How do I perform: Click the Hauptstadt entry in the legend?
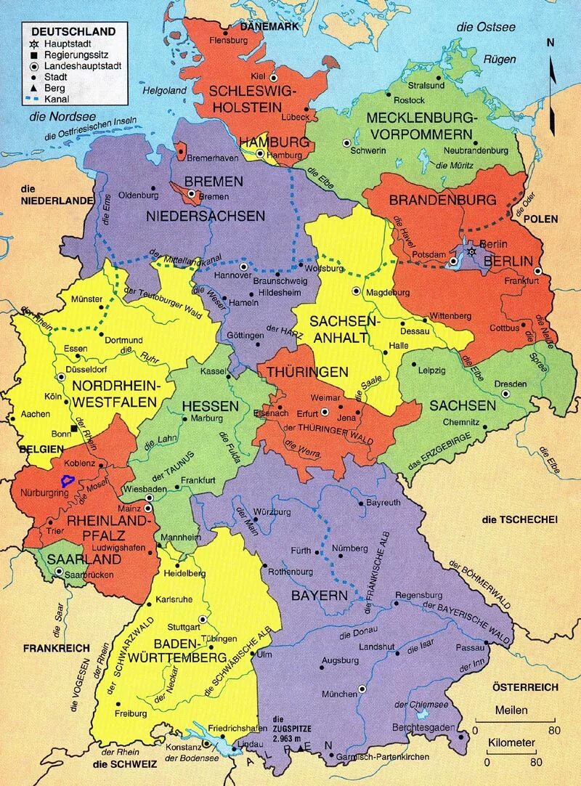pyautogui.click(x=64, y=44)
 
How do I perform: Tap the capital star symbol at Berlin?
pyautogui.click(x=471, y=251)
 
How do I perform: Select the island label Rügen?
pyautogui.click(x=500, y=60)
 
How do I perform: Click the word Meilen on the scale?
pyautogui.click(x=512, y=710)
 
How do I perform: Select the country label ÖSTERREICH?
pyautogui.click(x=524, y=686)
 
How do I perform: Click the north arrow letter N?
pyautogui.click(x=550, y=42)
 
